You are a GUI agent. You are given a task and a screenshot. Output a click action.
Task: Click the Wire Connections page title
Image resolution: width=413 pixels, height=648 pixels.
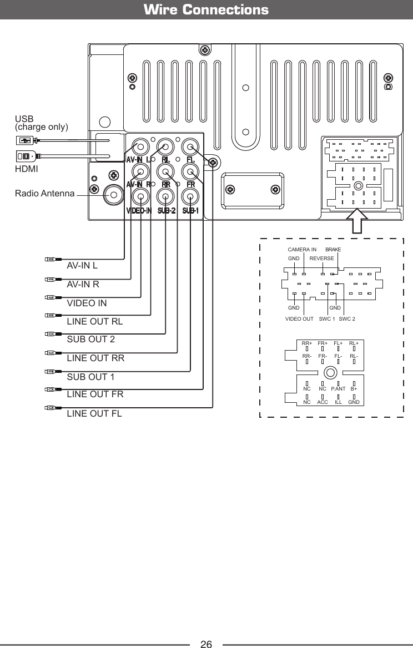point(206,10)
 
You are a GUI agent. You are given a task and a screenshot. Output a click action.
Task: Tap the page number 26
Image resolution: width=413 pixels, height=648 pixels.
point(206,644)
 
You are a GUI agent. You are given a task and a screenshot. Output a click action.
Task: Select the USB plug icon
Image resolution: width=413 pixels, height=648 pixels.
point(26,139)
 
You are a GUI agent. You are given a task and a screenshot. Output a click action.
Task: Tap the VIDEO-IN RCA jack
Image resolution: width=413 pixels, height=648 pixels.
point(141,196)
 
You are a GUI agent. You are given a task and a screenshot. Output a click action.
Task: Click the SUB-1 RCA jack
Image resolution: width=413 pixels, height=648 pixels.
point(190,196)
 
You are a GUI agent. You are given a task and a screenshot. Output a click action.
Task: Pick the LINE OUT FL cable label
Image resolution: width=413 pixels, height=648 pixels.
point(94,413)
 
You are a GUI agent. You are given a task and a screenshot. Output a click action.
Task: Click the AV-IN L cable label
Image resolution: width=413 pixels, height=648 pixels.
point(82,265)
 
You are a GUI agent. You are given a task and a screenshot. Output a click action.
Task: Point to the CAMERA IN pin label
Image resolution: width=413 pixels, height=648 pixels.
point(302,250)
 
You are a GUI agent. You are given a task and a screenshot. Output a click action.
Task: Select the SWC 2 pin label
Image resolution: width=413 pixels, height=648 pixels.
point(347,318)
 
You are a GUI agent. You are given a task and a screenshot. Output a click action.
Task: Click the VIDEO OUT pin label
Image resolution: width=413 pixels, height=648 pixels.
point(299,318)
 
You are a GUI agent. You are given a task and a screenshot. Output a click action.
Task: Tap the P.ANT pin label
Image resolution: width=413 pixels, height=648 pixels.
point(339,389)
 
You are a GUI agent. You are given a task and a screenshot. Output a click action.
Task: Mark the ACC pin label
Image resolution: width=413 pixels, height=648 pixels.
point(323,402)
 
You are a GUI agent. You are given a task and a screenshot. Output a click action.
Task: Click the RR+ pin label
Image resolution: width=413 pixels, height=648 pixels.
point(307,343)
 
